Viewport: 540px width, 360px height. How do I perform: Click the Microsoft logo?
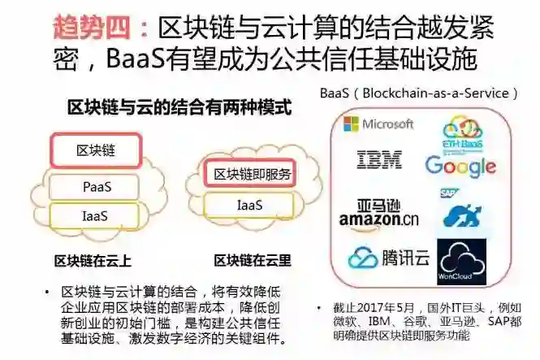pos(378,124)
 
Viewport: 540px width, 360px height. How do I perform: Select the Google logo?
pos(460,166)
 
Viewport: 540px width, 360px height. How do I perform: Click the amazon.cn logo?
pos(378,213)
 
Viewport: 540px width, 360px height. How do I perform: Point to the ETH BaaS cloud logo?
pos(462,130)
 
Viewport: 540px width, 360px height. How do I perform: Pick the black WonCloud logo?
pos(461,261)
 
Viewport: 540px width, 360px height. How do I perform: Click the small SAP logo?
pos(449,193)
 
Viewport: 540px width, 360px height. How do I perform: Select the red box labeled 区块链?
pos(96,151)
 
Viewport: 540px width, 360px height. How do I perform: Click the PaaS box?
pos(97,186)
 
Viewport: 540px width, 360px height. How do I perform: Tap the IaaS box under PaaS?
pos(95,215)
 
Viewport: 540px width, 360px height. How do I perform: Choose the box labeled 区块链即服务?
pos(252,174)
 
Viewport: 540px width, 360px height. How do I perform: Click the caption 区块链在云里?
pos(253,261)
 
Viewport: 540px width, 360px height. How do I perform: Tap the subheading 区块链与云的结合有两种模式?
pos(179,106)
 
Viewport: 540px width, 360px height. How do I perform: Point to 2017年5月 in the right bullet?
pos(387,309)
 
